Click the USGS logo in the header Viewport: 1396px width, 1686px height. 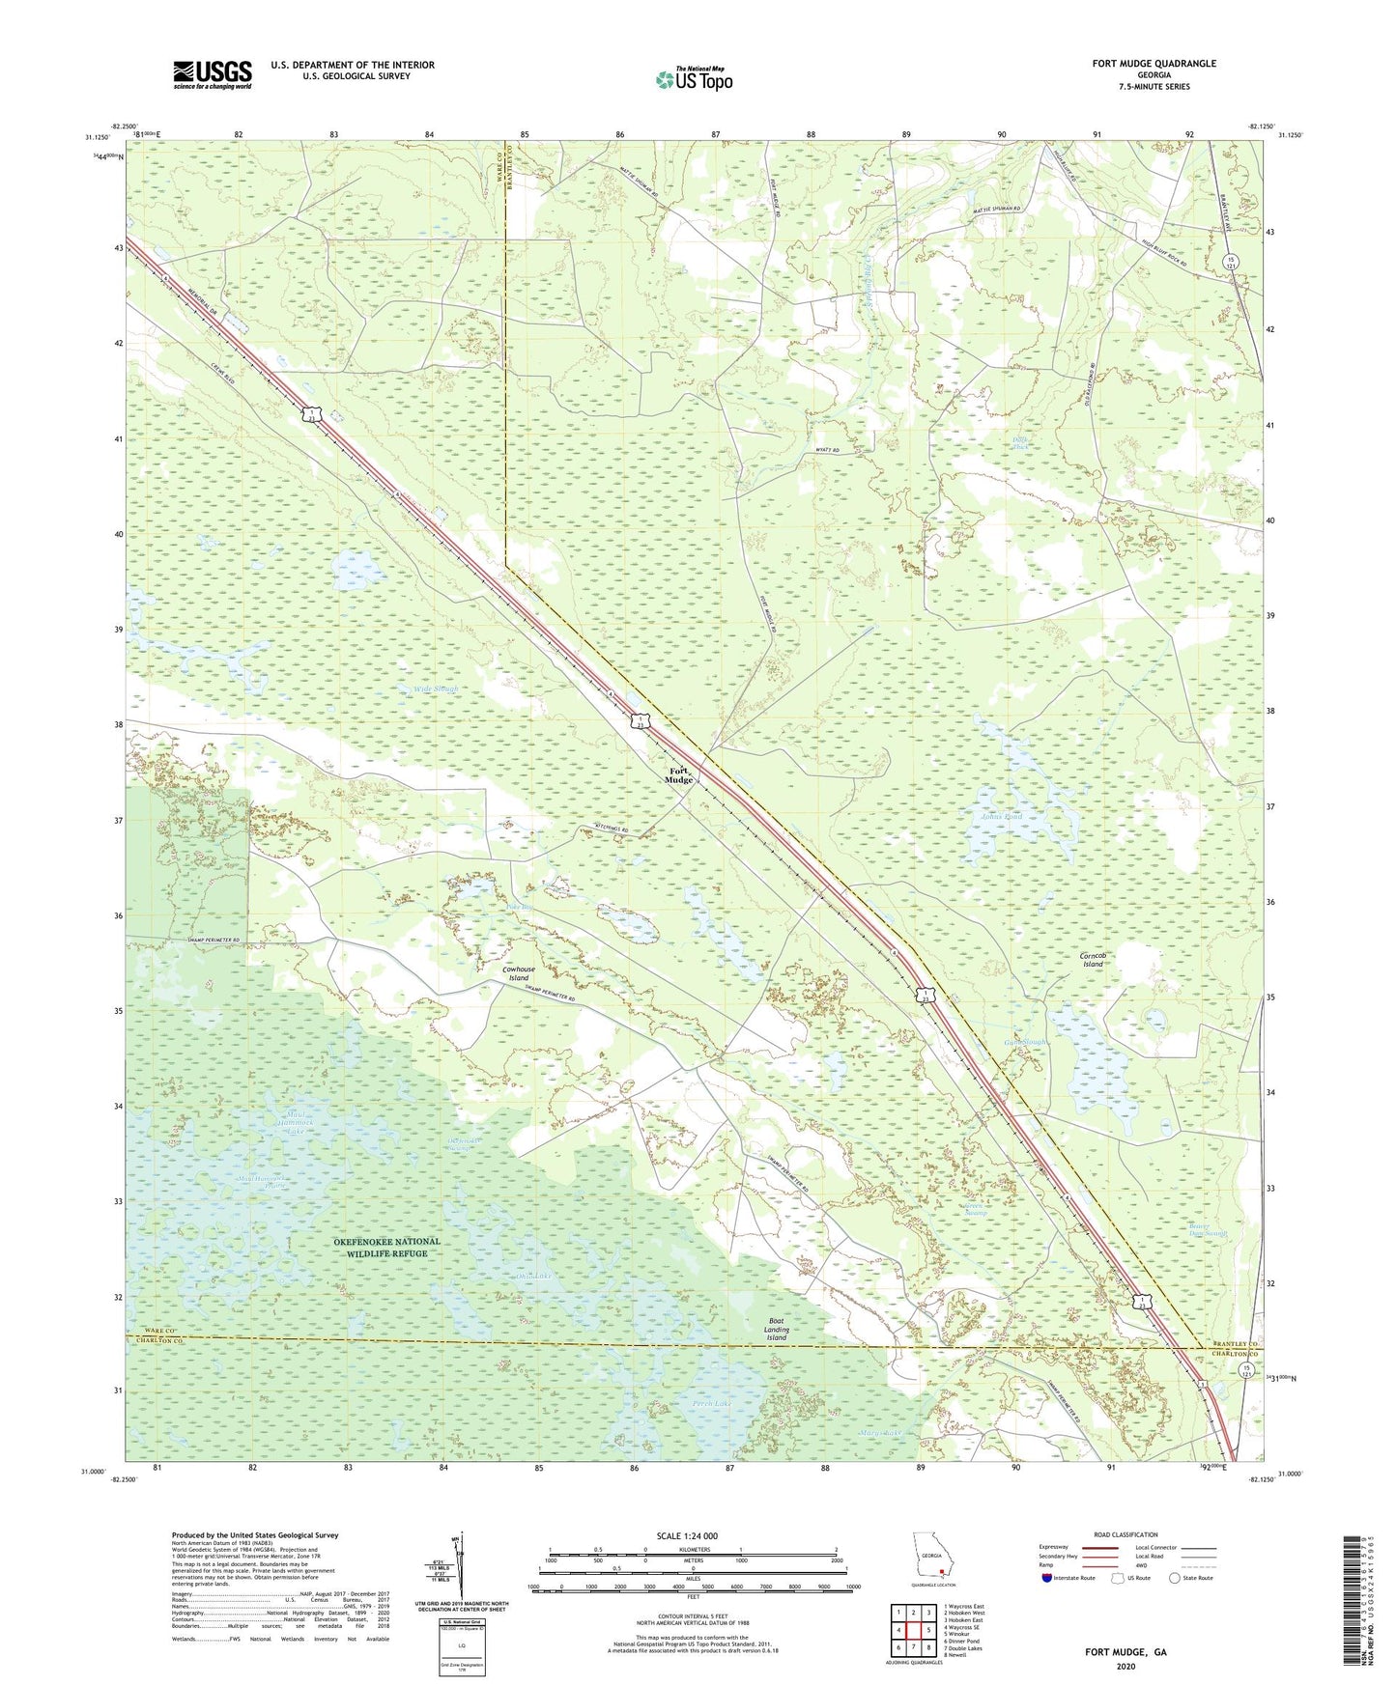pyautogui.click(x=213, y=73)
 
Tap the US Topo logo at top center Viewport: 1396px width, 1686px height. pyautogui.click(x=693, y=79)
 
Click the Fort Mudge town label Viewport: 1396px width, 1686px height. pyautogui.click(x=680, y=774)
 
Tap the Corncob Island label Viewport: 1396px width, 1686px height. pyautogui.click(x=1093, y=960)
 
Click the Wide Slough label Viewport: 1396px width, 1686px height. pyautogui.click(x=436, y=689)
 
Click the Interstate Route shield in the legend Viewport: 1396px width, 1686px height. pyautogui.click(x=1049, y=1578)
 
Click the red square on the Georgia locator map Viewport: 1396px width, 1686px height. pyautogui.click(x=941, y=1570)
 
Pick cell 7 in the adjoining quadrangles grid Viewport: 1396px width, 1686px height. pyautogui.click(x=914, y=1648)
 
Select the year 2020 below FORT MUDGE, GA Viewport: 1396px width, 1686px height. pyautogui.click(x=1125, y=1667)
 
